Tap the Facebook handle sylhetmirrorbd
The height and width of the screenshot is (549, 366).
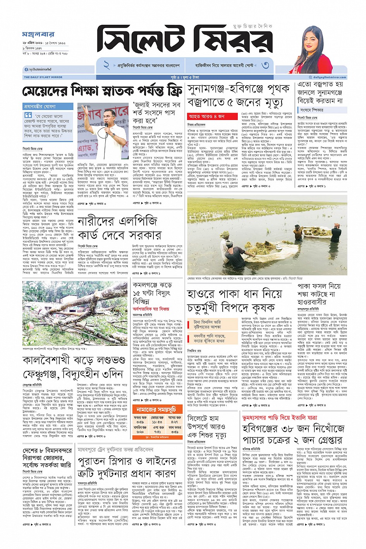click(x=39, y=69)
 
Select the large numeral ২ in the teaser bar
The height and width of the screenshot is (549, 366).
click(x=106, y=65)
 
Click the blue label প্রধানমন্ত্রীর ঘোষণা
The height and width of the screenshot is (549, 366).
click(x=40, y=106)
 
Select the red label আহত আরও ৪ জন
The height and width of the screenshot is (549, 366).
click(x=206, y=116)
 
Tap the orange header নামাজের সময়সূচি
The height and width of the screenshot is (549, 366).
click(x=156, y=409)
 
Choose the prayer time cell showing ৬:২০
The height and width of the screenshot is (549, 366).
click(x=140, y=432)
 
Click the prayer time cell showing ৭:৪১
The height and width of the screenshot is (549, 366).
click(x=157, y=432)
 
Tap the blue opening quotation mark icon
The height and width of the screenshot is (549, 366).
click(x=28, y=115)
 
